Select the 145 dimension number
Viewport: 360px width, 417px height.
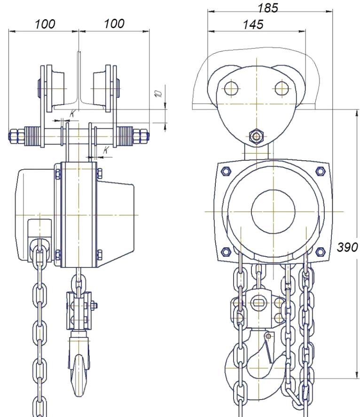pyautogui.click(x=253, y=24)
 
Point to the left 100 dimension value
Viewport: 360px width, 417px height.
pyautogui.click(x=45, y=24)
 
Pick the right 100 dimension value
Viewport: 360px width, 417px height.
pyautogui.click(x=114, y=24)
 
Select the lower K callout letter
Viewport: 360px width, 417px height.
pyautogui.click(x=106, y=149)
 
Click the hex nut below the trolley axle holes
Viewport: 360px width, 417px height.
pyautogui.click(x=256, y=136)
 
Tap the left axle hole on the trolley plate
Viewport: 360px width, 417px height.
pyautogui.click(x=231, y=88)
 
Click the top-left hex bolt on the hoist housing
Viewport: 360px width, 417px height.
pyautogui.click(x=225, y=170)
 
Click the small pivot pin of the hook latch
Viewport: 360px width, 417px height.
pyautogui.click(x=267, y=336)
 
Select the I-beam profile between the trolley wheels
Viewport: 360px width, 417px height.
pyautogui.click(x=78, y=85)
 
